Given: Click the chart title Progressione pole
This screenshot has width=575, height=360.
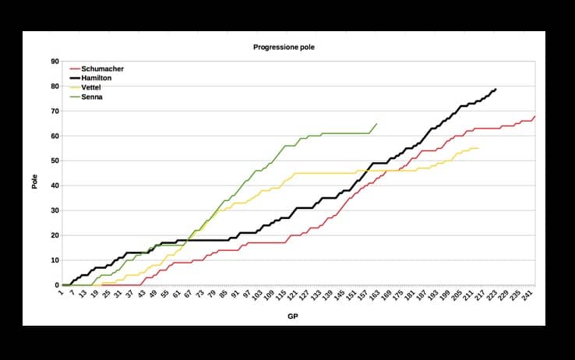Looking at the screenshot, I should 284,48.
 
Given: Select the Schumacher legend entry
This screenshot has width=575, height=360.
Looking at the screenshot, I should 102,69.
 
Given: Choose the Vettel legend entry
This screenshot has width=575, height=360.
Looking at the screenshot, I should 93,87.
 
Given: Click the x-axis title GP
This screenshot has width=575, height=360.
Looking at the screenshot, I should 297,318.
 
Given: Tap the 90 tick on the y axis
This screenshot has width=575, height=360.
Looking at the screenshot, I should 54,61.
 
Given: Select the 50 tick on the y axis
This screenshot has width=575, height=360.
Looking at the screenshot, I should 54,161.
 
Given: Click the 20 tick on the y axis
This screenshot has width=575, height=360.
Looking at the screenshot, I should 54,235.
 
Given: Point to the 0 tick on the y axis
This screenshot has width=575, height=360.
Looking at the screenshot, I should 56,285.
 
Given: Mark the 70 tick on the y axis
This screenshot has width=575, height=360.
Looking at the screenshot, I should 54,111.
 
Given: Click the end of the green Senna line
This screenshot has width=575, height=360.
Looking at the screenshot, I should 377,123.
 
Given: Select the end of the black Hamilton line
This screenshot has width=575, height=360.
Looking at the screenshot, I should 496,89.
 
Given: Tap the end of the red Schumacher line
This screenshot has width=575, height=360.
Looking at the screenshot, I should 534,116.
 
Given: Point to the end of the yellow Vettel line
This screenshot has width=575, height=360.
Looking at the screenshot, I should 478,148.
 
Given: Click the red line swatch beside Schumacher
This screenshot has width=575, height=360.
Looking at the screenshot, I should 74,69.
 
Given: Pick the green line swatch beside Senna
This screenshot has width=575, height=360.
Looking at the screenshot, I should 74,97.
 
